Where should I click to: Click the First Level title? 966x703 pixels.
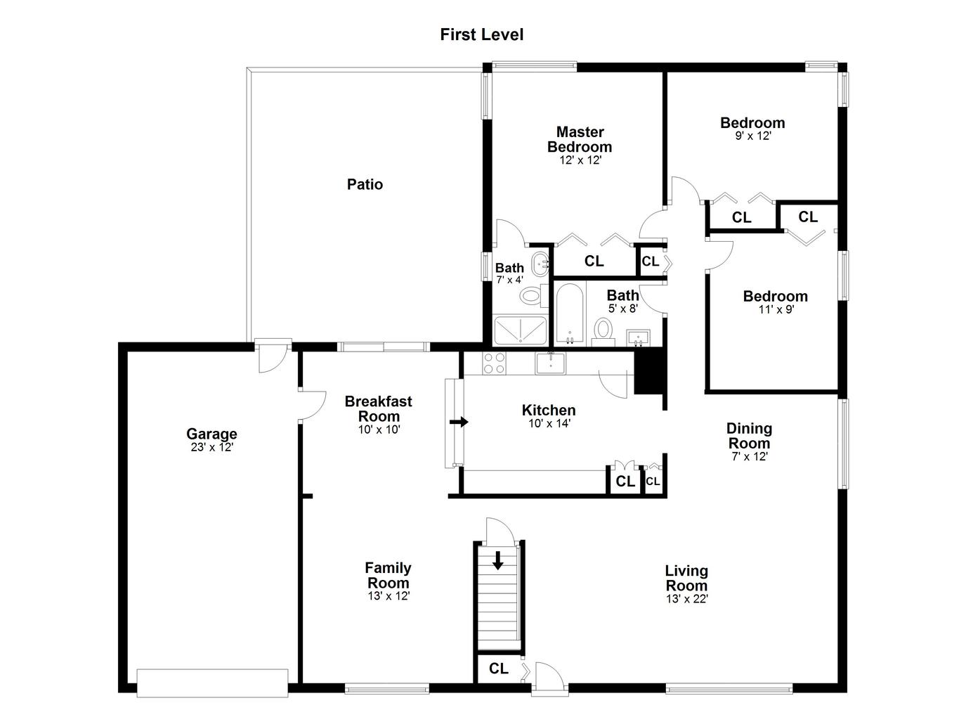(482, 34)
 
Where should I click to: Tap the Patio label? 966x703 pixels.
(365, 184)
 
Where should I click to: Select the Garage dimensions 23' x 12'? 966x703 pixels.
(211, 447)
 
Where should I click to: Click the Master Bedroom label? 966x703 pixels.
(580, 139)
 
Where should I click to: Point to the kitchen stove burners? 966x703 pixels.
(494, 363)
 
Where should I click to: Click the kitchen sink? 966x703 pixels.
(550, 363)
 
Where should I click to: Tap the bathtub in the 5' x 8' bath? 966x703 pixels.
(570, 314)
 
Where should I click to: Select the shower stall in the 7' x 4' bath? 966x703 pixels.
(520, 330)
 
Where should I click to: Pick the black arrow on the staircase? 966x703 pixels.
(498, 560)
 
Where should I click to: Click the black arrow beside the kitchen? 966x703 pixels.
(459, 422)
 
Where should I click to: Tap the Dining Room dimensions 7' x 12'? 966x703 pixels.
(750, 456)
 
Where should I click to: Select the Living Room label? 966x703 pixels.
(686, 578)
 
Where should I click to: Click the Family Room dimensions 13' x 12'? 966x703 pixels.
(389, 596)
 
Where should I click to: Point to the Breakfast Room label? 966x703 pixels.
(378, 408)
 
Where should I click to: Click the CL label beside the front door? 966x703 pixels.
(499, 669)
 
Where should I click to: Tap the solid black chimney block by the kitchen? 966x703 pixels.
(651, 372)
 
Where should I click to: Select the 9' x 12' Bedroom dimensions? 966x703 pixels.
(753, 136)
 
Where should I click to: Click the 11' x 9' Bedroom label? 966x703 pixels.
(776, 296)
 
